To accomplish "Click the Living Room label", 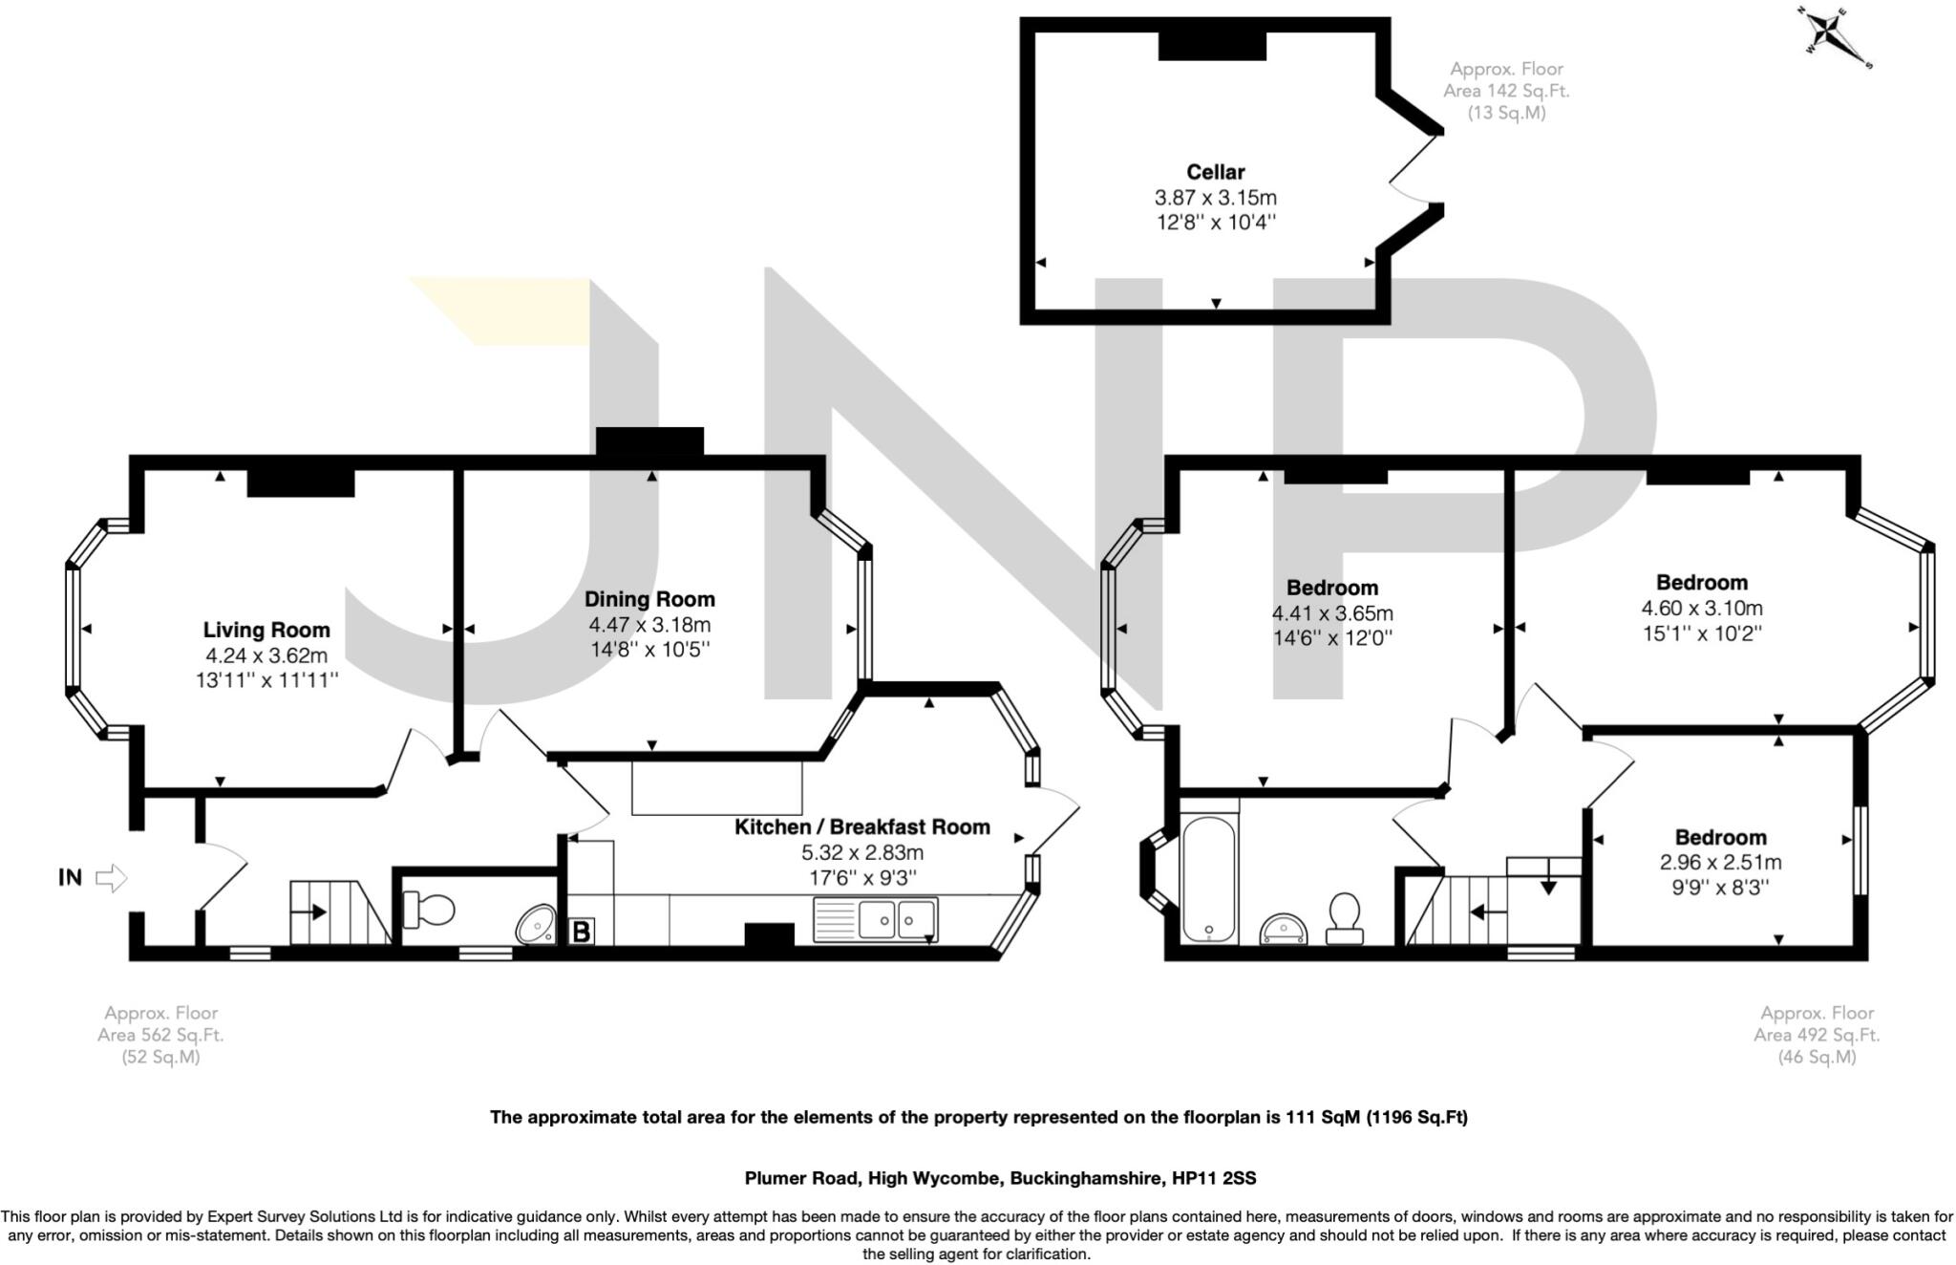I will point(266,630).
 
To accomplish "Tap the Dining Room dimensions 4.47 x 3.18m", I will point(649,625).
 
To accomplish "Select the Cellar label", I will point(1215,172).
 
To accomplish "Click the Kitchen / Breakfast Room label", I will point(861,826).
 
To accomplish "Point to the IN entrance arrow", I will point(112,877).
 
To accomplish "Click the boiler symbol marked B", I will point(581,931).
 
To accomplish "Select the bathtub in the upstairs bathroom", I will point(1208,878).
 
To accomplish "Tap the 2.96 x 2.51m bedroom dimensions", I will point(1720,862).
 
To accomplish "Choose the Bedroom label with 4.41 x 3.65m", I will point(1331,588).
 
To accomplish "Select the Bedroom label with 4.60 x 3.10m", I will point(1701,582).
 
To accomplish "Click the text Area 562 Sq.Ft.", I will point(160,1035).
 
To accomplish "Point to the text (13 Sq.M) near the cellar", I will point(1506,113).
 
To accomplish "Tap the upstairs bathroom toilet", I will point(1345,918).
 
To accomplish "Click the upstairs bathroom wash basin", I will point(1284,928).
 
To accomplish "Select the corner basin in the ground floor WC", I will point(536,924).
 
